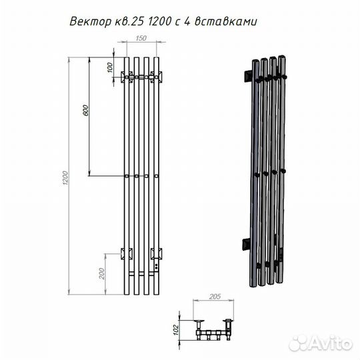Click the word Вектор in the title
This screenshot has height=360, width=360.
pyautogui.click(x=89, y=22)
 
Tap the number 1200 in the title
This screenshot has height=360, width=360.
pyautogui.click(x=160, y=21)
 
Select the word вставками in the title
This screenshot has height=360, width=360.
pyautogui.click(x=226, y=22)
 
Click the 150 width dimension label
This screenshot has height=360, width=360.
pyautogui.click(x=141, y=38)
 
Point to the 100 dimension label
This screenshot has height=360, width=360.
pyautogui.click(x=111, y=67)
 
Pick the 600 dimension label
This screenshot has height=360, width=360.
pyautogui.click(x=85, y=110)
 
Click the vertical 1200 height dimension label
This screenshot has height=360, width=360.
pyautogui.click(x=65, y=178)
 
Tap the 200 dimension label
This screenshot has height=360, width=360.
pyautogui.click(x=101, y=273)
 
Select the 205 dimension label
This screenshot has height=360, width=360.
pyautogui.click(x=215, y=297)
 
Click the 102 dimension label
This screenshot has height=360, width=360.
pyautogui.click(x=175, y=330)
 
